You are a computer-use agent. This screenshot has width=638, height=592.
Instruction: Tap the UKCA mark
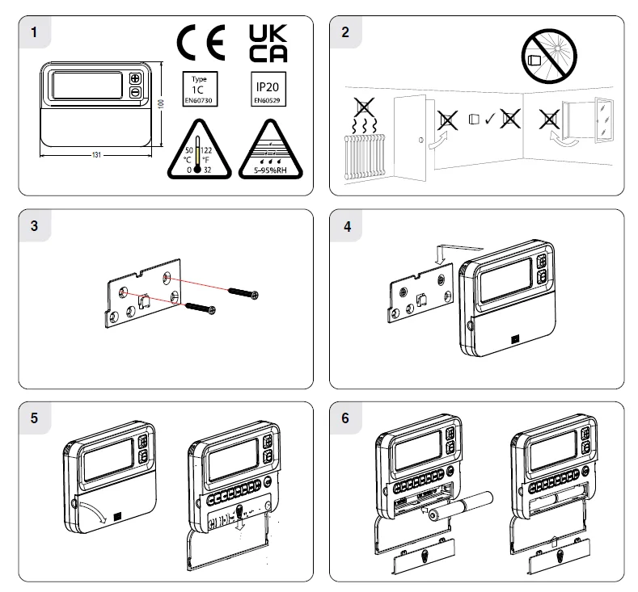click(x=266, y=43)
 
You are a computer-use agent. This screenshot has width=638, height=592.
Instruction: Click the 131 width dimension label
click(x=97, y=154)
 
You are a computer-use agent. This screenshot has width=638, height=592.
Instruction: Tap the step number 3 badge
click(x=34, y=226)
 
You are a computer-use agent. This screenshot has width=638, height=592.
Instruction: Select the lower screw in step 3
click(x=201, y=309)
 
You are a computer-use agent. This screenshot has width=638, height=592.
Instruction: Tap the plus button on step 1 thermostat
click(x=135, y=79)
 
